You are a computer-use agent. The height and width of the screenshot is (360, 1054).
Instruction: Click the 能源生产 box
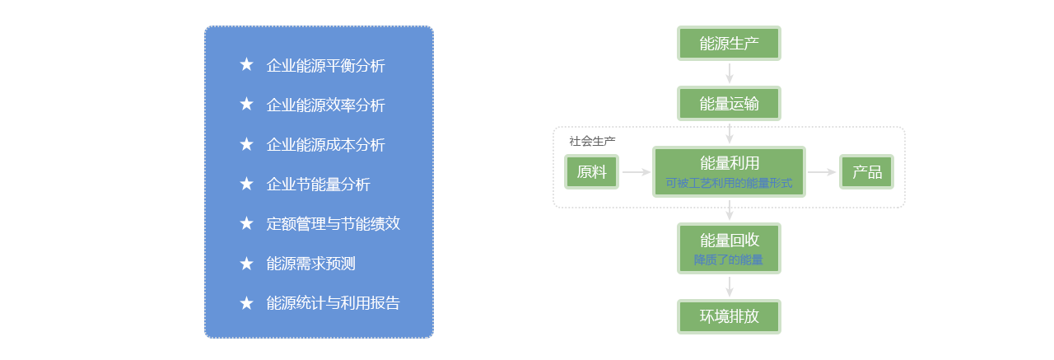tap(729, 44)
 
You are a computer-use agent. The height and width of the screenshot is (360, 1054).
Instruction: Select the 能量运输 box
tap(729, 104)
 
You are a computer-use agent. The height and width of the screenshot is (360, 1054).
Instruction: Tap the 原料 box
tap(591, 172)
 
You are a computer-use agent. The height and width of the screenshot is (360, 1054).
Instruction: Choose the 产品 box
tap(866, 172)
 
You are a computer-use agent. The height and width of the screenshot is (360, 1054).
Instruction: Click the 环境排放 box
tap(729, 316)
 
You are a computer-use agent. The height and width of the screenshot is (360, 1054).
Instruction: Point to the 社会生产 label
tap(592, 141)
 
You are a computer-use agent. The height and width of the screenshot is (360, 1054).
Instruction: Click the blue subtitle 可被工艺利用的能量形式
tap(729, 184)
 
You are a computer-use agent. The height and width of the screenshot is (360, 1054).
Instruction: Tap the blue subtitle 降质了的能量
tap(729, 260)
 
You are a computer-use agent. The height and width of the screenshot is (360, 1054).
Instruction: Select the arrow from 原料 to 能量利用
tap(636, 172)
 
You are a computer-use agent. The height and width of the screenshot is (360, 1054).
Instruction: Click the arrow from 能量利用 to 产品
tap(822, 172)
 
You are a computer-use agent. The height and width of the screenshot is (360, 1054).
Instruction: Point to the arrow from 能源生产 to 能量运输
tap(729, 73)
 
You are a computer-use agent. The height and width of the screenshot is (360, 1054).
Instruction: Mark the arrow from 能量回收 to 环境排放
tap(729, 287)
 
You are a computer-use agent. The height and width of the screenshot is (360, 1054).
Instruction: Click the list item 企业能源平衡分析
tap(325, 66)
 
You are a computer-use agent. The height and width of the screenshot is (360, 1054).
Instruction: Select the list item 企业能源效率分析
tap(325, 105)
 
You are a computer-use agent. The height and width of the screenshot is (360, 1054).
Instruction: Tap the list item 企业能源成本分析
tap(325, 145)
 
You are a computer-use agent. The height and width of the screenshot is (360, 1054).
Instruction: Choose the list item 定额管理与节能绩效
tap(333, 223)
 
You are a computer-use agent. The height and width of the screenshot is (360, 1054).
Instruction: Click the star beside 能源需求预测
tap(246, 264)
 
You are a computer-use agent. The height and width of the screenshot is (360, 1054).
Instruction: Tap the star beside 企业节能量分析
tap(246, 184)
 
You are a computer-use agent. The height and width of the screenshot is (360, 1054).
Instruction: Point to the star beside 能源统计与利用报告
tap(246, 303)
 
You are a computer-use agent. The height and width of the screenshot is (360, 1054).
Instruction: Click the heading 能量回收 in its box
tap(729, 241)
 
